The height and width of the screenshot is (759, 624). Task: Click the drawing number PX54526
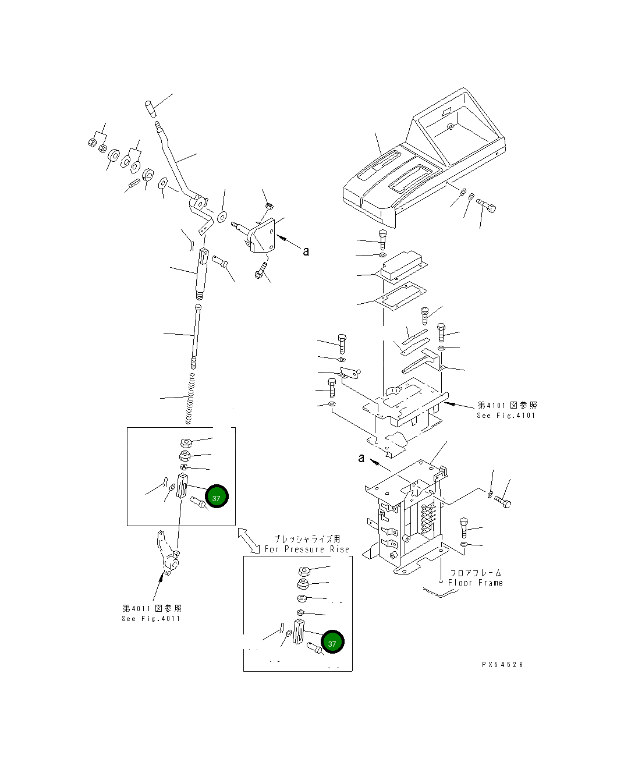(502, 665)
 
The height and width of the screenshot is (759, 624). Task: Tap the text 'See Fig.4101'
(506, 416)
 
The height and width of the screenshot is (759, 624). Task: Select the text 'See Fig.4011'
(151, 619)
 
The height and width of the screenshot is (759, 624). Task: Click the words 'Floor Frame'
(475, 583)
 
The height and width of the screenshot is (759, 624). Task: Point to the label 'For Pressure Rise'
(307, 549)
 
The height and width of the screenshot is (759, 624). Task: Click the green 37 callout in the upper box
(217, 496)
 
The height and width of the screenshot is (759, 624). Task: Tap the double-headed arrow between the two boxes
(249, 541)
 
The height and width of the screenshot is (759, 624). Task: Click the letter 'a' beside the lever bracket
(306, 251)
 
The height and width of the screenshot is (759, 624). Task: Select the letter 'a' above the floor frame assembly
(361, 458)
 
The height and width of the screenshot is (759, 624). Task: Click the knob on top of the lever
(151, 109)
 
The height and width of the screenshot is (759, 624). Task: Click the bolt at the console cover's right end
(486, 205)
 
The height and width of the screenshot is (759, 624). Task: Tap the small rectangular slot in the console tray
(447, 111)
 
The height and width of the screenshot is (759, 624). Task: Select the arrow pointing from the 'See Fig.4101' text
(459, 405)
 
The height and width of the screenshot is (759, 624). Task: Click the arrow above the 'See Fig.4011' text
(158, 587)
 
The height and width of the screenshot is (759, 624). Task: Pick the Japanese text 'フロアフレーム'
(476, 573)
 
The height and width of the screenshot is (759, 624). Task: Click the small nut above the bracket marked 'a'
(269, 206)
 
